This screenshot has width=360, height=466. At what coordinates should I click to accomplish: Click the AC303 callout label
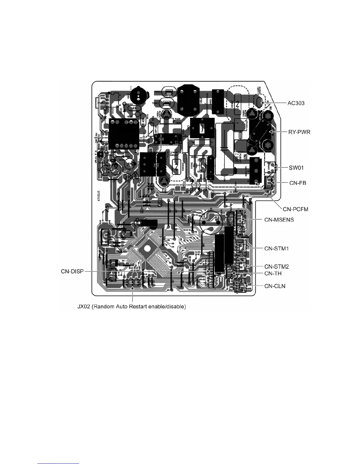tap(296, 103)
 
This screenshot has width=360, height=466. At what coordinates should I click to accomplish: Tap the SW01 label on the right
tap(295, 168)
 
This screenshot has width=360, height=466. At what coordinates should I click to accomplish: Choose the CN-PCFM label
tap(295, 209)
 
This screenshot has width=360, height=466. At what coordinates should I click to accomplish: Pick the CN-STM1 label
tap(276, 249)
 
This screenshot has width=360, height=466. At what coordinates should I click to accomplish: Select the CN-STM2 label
tap(276, 267)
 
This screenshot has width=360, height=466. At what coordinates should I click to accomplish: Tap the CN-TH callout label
tap(273, 274)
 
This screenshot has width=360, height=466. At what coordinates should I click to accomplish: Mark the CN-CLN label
tap(275, 286)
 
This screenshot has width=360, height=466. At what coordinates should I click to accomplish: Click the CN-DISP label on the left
tap(72, 271)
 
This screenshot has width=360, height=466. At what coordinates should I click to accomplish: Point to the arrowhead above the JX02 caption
tap(133, 290)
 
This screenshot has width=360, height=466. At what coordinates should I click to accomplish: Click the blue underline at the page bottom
tap(59, 463)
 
